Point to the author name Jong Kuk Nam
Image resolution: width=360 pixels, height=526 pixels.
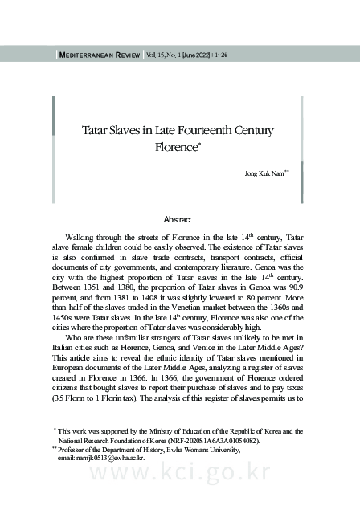261,173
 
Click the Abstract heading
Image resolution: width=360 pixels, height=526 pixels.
177,219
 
